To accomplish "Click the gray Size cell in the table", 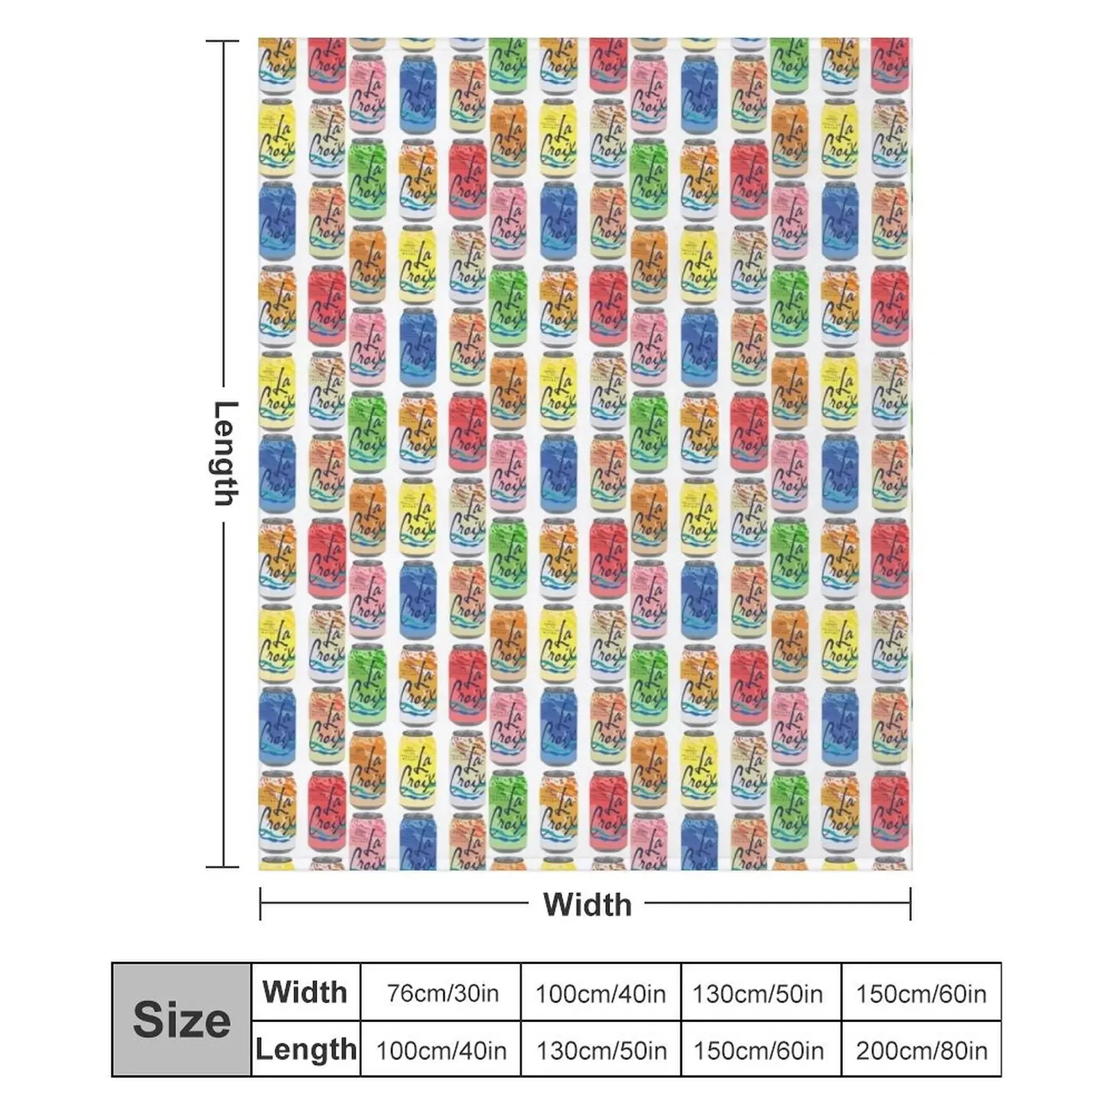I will [181, 1020].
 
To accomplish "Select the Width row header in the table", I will [305, 992].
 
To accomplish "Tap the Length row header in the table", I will [305, 1049].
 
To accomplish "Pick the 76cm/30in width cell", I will [442, 993].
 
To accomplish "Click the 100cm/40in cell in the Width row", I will [600, 993].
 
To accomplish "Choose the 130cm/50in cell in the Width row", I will [758, 993].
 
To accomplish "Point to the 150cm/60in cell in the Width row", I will [921, 993].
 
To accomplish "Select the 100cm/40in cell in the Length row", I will [442, 1050].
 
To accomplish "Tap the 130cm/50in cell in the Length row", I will [600, 1050].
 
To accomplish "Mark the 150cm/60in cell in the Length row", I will [758, 1050].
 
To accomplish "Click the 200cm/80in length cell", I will [921, 1050].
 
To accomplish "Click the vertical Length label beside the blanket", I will [225, 454].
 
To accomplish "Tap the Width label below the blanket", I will [587, 904].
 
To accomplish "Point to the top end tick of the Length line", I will [223, 42].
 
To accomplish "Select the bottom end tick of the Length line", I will [223, 867].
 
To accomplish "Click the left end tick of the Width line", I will [260, 904].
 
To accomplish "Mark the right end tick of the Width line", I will [910, 904].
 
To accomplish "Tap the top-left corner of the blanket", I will [260, 40].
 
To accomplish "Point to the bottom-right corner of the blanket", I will [910, 868].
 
